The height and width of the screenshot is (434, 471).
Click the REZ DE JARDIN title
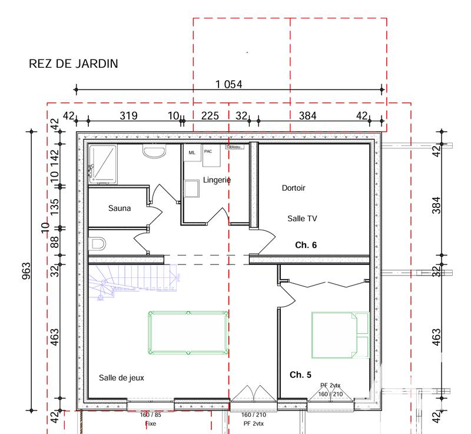(x=74, y=64)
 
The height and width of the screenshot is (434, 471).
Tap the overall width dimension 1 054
(x=229, y=84)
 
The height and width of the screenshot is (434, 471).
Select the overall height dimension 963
(x=26, y=270)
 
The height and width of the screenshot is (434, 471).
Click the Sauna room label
(x=120, y=208)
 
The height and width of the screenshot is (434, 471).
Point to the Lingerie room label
(x=217, y=180)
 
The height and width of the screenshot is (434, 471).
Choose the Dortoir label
(x=293, y=188)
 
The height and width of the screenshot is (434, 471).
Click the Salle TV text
(x=302, y=218)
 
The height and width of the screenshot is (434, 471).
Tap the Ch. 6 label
(x=306, y=245)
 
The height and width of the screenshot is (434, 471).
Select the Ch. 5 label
(x=300, y=375)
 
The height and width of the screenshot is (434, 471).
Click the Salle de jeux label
(x=121, y=377)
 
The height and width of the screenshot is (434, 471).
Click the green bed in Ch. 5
(x=340, y=335)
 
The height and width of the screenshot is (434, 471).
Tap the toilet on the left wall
(x=98, y=243)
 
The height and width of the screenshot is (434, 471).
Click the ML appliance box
(x=192, y=153)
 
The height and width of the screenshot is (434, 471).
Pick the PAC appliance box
(x=208, y=151)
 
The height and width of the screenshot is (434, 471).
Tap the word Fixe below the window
(x=151, y=423)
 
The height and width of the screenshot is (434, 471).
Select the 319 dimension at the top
(x=128, y=116)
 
